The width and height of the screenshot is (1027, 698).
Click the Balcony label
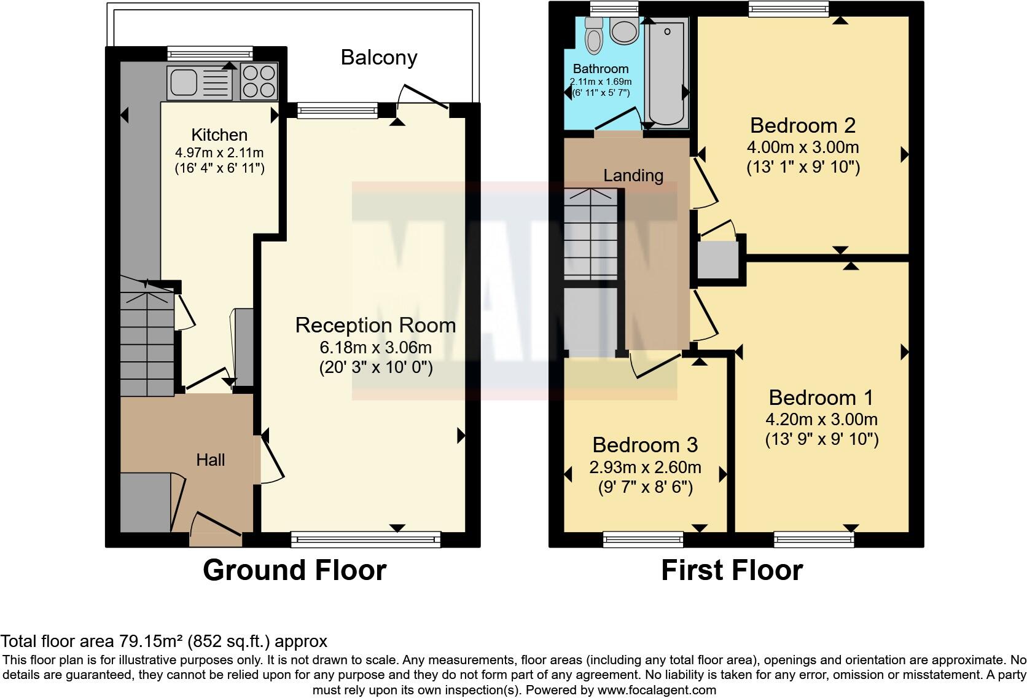(379, 58)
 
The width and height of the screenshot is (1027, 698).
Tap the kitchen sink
(198, 83)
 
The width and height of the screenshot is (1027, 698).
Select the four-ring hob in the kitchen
(259, 82)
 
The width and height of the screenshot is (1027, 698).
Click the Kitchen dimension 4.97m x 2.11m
(219, 152)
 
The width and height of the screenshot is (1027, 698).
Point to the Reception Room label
(375, 325)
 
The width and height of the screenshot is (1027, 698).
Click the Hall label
(210, 460)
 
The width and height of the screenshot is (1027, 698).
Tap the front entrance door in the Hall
(215, 525)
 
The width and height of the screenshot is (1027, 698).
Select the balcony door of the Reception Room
(423, 98)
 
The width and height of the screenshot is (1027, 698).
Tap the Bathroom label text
(600, 69)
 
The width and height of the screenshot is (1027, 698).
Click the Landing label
(633, 176)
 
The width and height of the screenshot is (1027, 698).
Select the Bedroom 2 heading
(802, 125)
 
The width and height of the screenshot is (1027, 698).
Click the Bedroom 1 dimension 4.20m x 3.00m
(821, 420)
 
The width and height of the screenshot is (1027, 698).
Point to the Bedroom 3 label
(645, 444)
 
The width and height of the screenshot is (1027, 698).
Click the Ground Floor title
(294, 570)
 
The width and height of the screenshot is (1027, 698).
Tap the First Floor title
(732, 570)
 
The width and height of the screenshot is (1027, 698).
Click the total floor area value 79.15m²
(150, 641)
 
